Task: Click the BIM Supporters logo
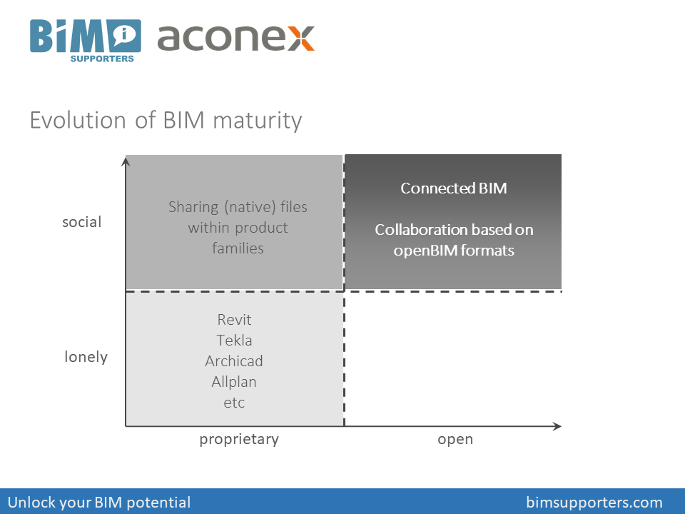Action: tap(85, 40)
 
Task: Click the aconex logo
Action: tap(235, 37)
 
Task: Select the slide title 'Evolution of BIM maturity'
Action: tap(166, 120)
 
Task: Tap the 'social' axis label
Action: tap(82, 222)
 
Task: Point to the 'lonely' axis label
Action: tap(86, 356)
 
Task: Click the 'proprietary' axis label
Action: tap(239, 439)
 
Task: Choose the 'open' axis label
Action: tap(455, 439)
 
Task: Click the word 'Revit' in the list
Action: tap(234, 319)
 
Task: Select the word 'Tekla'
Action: tap(234, 340)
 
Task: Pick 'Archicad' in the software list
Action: tap(234, 361)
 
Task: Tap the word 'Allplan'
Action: tap(234, 381)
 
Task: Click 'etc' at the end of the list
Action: tap(234, 402)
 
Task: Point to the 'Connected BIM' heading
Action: tap(453, 188)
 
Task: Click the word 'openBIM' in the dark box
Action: tap(422, 251)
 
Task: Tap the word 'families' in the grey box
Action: tap(238, 248)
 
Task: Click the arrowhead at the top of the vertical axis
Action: tap(126, 161)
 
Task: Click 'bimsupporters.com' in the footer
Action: tap(594, 502)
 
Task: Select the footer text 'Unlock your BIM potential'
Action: tap(99, 502)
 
